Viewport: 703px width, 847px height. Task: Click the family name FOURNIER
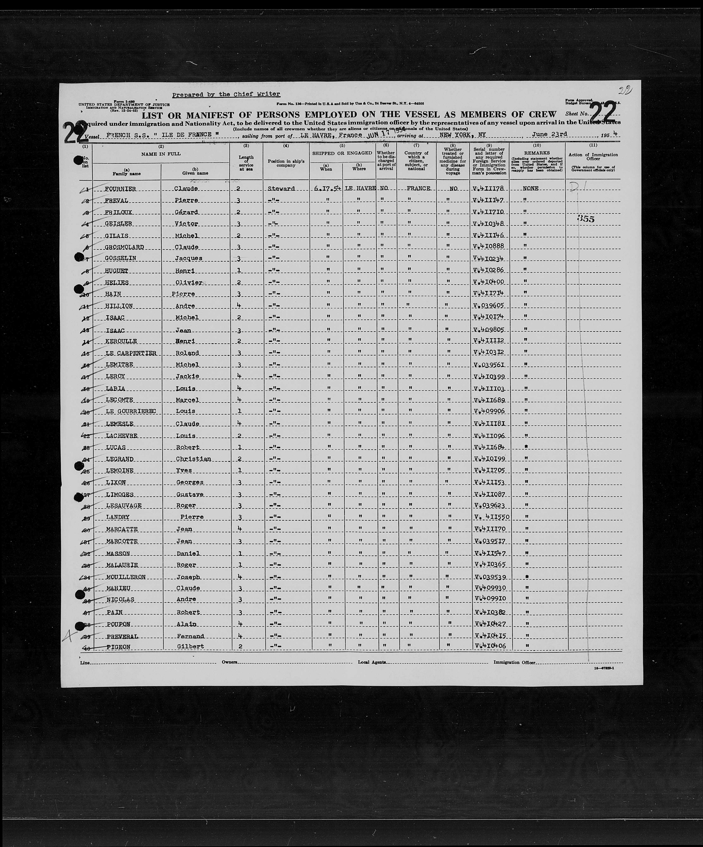tap(120, 189)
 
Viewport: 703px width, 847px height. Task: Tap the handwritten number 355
tap(586, 219)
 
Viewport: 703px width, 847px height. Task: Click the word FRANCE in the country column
tap(418, 188)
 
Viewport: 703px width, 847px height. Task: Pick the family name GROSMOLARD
tap(124, 247)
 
